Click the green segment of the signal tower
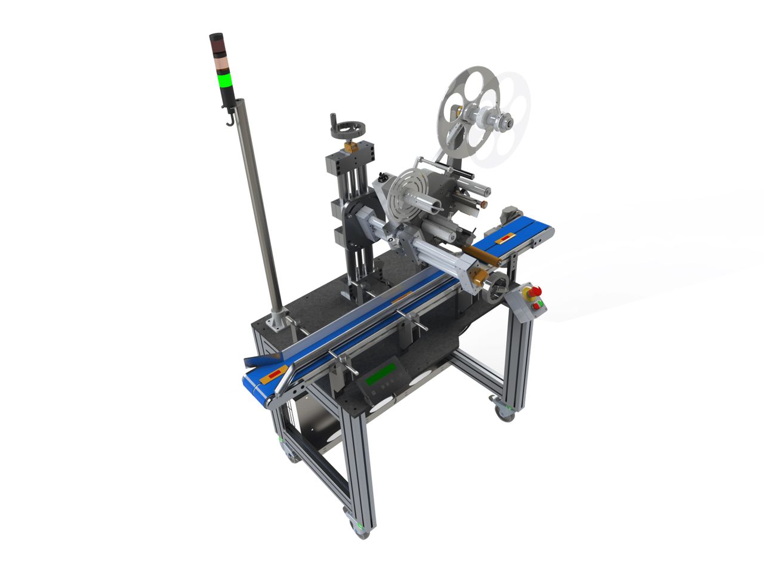(225, 80)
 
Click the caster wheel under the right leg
(504, 414)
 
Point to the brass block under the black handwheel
(350, 146)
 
